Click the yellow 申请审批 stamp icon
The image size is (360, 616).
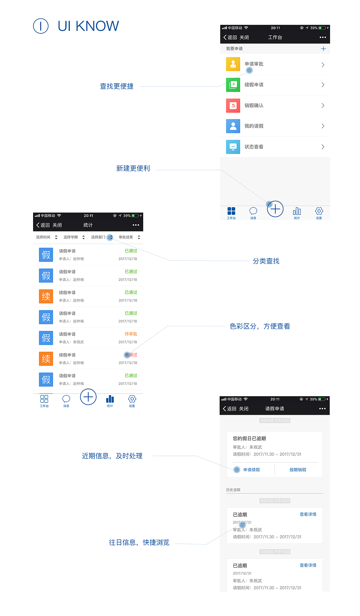pyautogui.click(x=233, y=64)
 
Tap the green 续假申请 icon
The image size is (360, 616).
pyautogui.click(x=233, y=85)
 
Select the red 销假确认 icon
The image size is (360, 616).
pyautogui.click(x=233, y=106)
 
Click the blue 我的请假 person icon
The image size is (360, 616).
pyautogui.click(x=233, y=126)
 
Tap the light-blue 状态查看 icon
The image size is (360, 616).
pyautogui.click(x=233, y=147)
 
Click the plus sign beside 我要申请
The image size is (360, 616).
pyautogui.click(x=323, y=49)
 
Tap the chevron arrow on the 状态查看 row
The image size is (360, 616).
pyautogui.click(x=323, y=147)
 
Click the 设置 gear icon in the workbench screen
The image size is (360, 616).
pyautogui.click(x=319, y=211)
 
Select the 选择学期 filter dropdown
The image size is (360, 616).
pyautogui.click(x=74, y=237)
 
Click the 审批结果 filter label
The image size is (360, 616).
pyautogui.click(x=126, y=237)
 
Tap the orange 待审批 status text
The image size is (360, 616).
pyautogui.click(x=131, y=334)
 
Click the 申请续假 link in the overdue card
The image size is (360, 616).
pyautogui.click(x=252, y=470)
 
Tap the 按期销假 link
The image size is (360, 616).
pyautogui.click(x=298, y=470)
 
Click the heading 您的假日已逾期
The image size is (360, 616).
pyautogui.click(x=249, y=438)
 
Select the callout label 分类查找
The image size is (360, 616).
pyautogui.click(x=266, y=261)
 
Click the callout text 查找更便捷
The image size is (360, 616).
pyautogui.click(x=117, y=86)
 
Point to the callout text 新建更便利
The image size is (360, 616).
pyautogui.click(x=133, y=169)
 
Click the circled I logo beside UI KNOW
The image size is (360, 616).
pyautogui.click(x=41, y=26)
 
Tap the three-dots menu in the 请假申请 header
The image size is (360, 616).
pyautogui.click(x=322, y=408)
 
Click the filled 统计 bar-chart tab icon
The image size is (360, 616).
pyautogui.click(x=110, y=399)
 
